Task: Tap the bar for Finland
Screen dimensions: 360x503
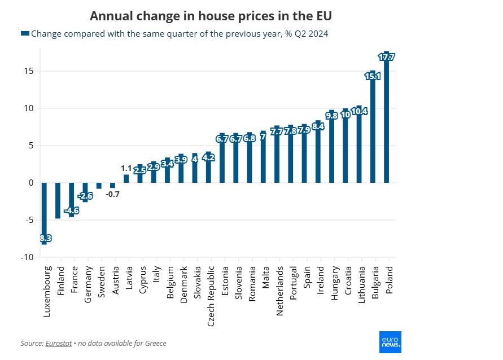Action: pos(58,200)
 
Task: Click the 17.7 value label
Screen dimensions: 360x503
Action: pos(387,57)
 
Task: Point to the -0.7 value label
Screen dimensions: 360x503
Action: pos(113,194)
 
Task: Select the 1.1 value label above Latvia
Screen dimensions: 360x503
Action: pos(126,168)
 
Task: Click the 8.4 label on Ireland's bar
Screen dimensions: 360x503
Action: pos(318,126)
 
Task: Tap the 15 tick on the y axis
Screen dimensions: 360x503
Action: pos(29,71)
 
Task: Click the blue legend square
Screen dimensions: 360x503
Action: pos(24,34)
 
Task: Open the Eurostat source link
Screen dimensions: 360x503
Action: pos(58,343)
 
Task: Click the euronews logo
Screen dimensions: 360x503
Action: pos(390,342)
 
